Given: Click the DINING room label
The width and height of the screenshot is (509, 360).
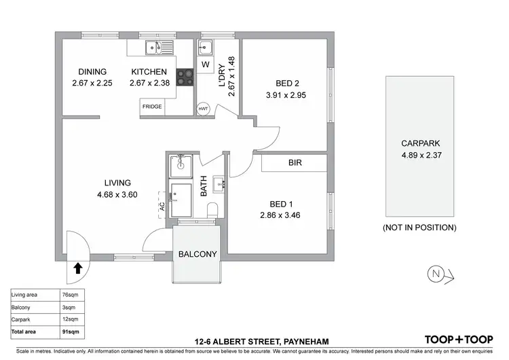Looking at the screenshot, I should click(93, 71).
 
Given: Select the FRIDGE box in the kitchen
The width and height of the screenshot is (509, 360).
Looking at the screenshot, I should click(151, 107).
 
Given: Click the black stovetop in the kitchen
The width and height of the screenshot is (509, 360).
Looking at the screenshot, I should click(185, 76).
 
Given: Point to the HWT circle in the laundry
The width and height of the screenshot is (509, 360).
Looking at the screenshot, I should click(202, 109).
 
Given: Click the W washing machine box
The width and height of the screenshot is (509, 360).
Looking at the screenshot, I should click(206, 65).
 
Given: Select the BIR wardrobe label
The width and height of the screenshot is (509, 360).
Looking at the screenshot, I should click(295, 163).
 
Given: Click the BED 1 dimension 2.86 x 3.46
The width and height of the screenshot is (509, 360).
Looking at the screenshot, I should click(279, 215).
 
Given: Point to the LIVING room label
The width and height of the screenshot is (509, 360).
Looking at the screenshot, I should click(117, 182).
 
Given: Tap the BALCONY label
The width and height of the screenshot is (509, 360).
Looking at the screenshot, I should click(197, 255).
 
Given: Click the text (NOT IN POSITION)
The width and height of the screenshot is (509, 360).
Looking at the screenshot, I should click(419, 227).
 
